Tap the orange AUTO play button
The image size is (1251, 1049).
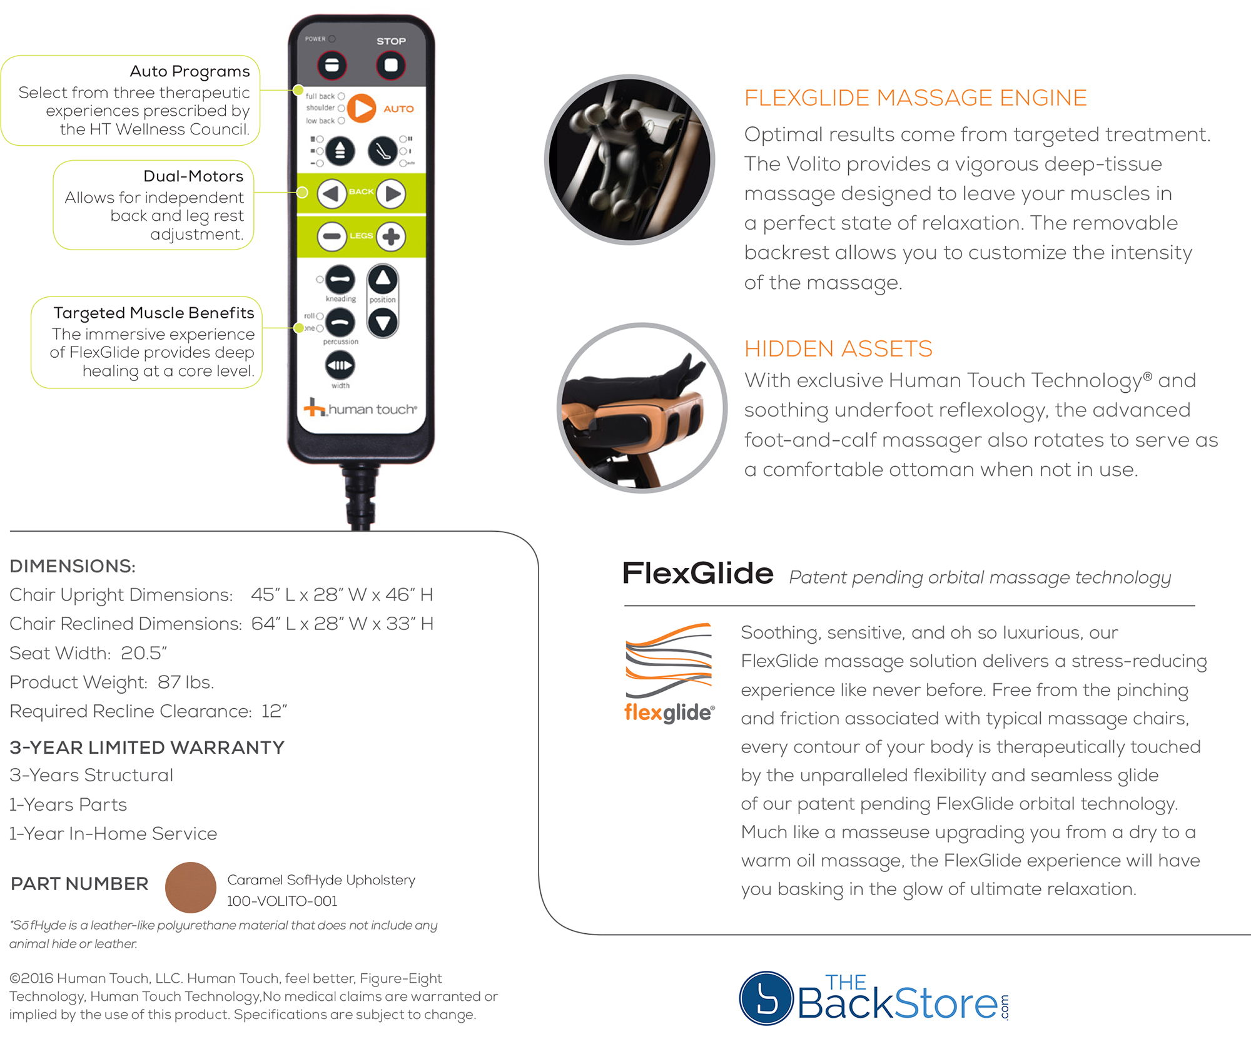point(361,108)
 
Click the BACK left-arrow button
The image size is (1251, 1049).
point(332,194)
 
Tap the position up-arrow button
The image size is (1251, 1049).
point(383,280)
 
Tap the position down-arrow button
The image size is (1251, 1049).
point(383,323)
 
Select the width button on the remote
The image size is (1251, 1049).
point(340,365)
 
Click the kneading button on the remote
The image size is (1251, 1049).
point(340,280)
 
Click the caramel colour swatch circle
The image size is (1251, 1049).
point(191,887)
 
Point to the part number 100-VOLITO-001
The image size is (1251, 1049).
point(281,901)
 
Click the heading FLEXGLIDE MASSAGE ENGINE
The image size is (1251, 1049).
point(915,98)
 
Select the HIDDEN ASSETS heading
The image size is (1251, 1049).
point(838,348)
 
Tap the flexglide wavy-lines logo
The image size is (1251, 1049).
point(669,661)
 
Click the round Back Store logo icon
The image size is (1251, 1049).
point(766,998)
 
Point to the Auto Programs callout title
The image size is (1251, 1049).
point(190,71)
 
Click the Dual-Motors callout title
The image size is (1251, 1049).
point(193,176)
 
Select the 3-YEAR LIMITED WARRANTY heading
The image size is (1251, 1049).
point(147,747)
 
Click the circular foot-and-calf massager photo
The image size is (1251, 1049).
point(642,408)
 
